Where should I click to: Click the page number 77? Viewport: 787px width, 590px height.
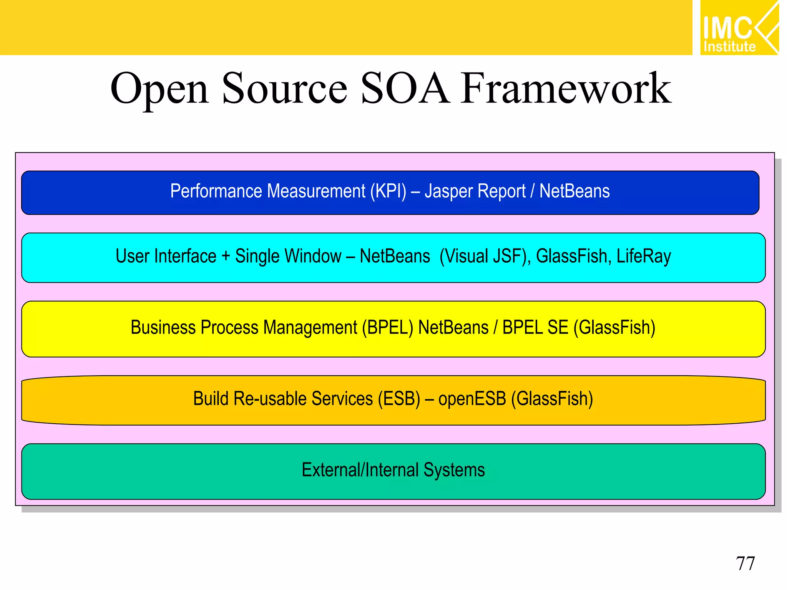click(745, 563)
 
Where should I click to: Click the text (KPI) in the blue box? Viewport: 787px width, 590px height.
click(388, 191)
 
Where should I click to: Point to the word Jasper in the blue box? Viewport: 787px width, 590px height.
click(448, 191)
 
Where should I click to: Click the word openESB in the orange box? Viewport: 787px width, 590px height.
click(472, 399)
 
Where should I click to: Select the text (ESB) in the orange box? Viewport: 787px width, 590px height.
click(399, 399)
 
